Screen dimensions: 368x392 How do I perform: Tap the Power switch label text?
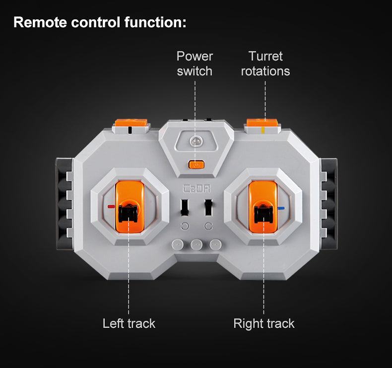195,64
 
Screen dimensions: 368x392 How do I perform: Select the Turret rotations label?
265,64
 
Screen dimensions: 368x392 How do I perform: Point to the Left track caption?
129,324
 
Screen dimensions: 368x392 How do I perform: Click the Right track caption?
264,324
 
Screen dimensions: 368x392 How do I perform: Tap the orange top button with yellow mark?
263,123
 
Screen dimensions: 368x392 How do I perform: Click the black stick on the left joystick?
129,212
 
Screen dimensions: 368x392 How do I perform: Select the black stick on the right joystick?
263,212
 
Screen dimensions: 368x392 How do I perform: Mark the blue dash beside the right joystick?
282,209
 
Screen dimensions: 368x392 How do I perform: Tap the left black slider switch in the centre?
184,208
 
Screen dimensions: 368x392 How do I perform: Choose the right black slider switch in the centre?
209,208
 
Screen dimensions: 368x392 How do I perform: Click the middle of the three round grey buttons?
196,245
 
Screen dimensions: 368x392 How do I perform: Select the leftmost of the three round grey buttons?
177,245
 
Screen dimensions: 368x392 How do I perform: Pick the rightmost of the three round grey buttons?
215,245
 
